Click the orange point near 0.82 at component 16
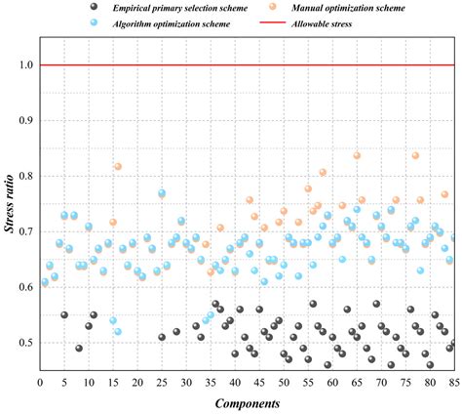click(x=118, y=167)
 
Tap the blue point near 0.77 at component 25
click(x=162, y=194)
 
